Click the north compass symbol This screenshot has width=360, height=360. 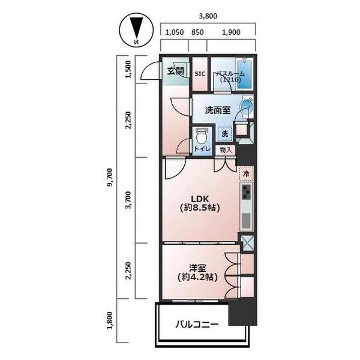tap(135, 31)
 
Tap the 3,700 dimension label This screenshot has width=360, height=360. tap(128, 200)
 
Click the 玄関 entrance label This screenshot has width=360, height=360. tap(175, 71)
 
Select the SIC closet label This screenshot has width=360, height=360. tap(200, 74)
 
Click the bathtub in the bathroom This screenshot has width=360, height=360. tap(245, 74)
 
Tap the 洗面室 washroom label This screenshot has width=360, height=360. tap(217, 110)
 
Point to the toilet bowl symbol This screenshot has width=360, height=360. tap(202, 137)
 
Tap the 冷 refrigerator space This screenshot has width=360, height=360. tap(245, 173)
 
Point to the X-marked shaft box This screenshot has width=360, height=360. tap(246, 244)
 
